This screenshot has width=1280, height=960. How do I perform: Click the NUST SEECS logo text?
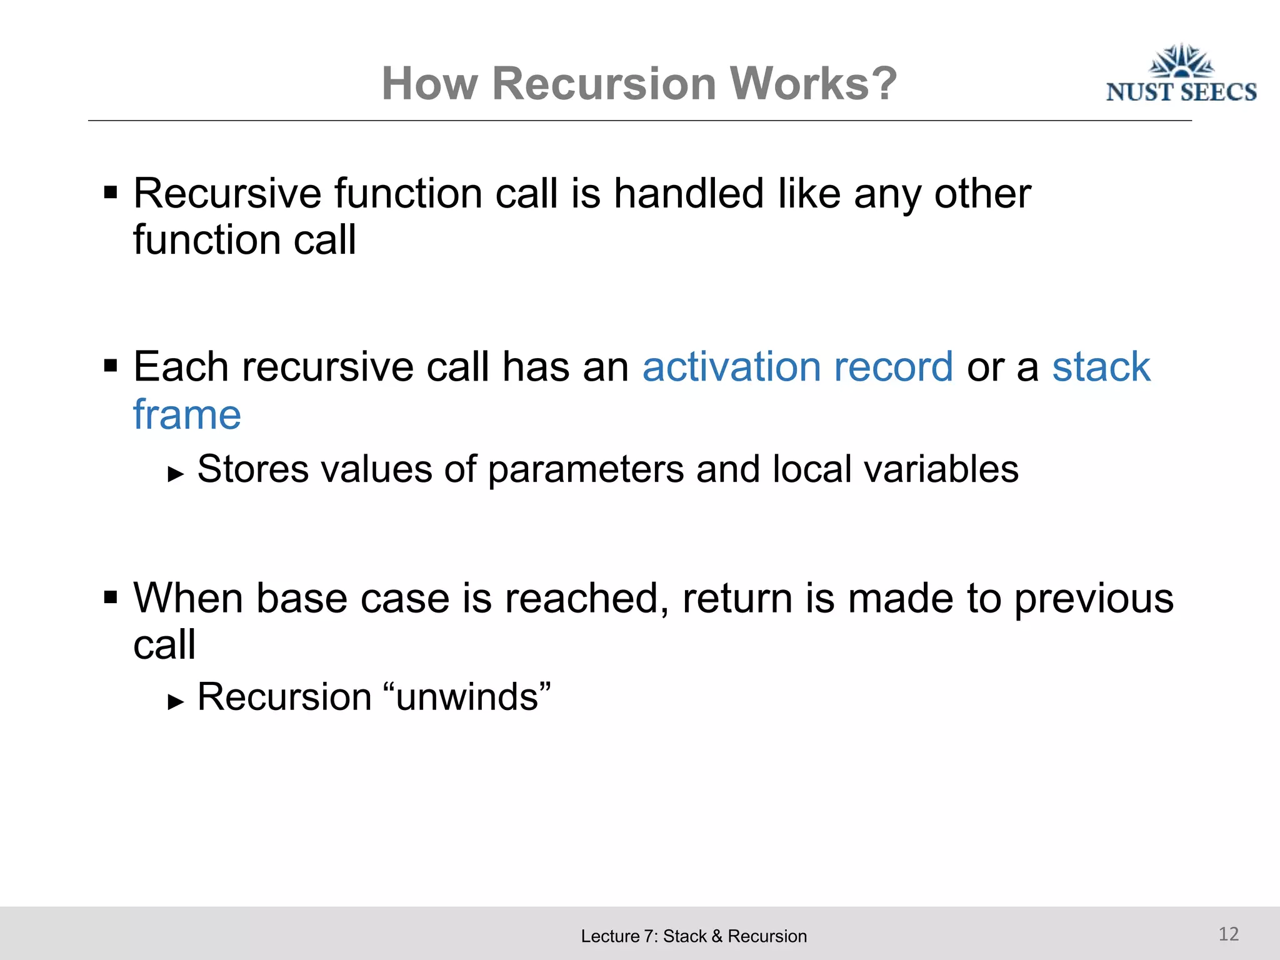(x=1181, y=92)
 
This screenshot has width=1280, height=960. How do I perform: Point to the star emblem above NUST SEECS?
(x=1181, y=61)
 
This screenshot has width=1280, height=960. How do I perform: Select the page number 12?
(x=1228, y=934)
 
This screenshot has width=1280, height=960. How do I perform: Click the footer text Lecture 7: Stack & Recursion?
(x=694, y=936)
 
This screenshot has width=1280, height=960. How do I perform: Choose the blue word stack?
(x=1101, y=367)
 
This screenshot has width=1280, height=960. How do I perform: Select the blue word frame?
(x=187, y=415)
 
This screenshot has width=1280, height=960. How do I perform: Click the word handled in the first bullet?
(x=689, y=194)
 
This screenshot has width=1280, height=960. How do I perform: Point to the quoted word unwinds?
(x=467, y=697)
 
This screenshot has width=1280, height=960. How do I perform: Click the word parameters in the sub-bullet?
(x=586, y=469)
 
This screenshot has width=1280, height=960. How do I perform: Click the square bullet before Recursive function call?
(x=111, y=192)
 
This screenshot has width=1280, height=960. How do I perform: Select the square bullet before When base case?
(x=111, y=597)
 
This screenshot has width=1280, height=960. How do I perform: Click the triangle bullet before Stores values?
(x=176, y=474)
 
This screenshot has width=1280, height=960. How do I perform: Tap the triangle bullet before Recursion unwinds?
(x=176, y=702)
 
